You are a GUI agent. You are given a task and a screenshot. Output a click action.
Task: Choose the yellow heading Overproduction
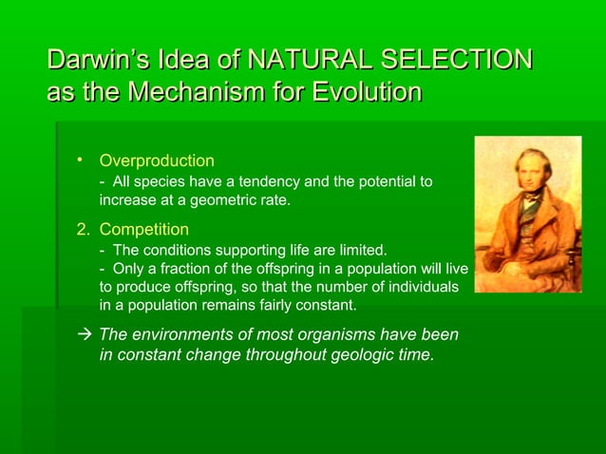point(157,161)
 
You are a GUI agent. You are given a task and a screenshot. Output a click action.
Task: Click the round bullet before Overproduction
point(83,159)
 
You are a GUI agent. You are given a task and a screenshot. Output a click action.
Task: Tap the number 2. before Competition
point(85,230)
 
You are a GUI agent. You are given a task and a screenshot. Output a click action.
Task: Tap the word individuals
point(424,287)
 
